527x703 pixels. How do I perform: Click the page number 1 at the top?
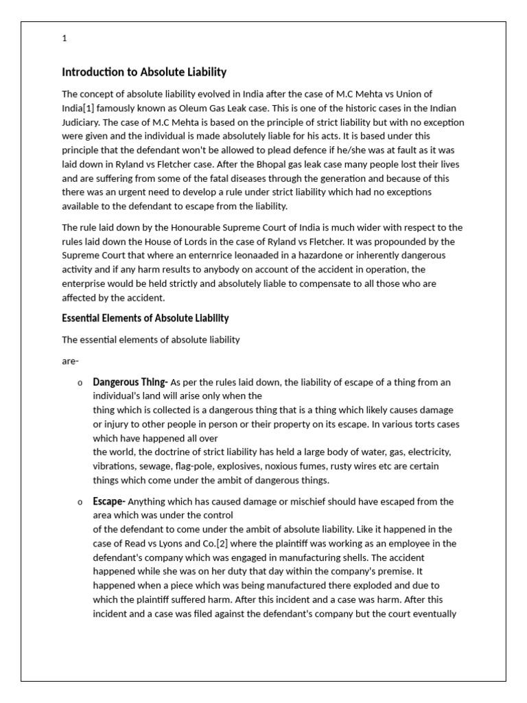(65, 38)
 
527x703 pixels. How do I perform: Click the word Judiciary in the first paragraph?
(83, 122)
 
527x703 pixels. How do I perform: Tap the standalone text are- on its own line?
(71, 360)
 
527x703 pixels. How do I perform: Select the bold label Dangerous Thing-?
(130, 382)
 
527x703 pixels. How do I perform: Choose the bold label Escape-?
(110, 501)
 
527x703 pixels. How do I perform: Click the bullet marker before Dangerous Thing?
(80, 382)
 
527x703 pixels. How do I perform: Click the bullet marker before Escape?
(80, 502)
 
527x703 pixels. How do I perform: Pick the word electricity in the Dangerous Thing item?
(427, 452)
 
